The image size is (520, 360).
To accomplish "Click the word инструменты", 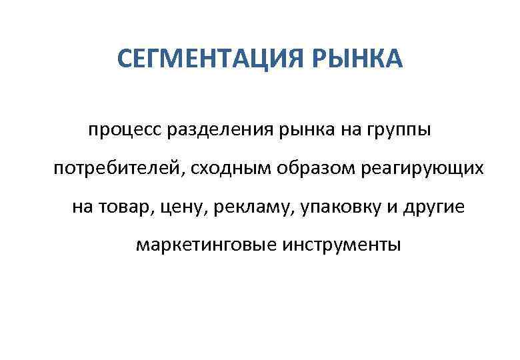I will click(341, 246).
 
